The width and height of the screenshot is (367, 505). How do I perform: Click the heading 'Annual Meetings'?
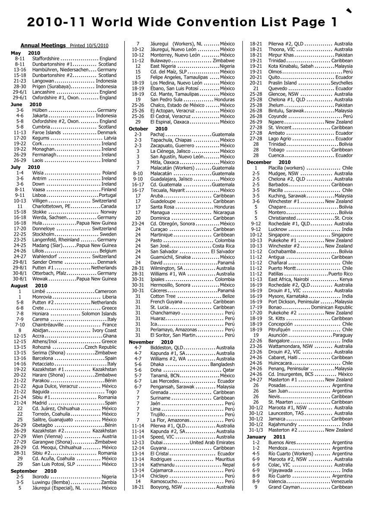[43, 45]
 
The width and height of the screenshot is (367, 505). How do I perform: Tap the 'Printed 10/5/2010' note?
[89, 46]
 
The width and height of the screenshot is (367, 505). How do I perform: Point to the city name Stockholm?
[46, 234]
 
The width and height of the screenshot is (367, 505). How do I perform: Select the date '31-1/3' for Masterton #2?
[256, 430]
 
